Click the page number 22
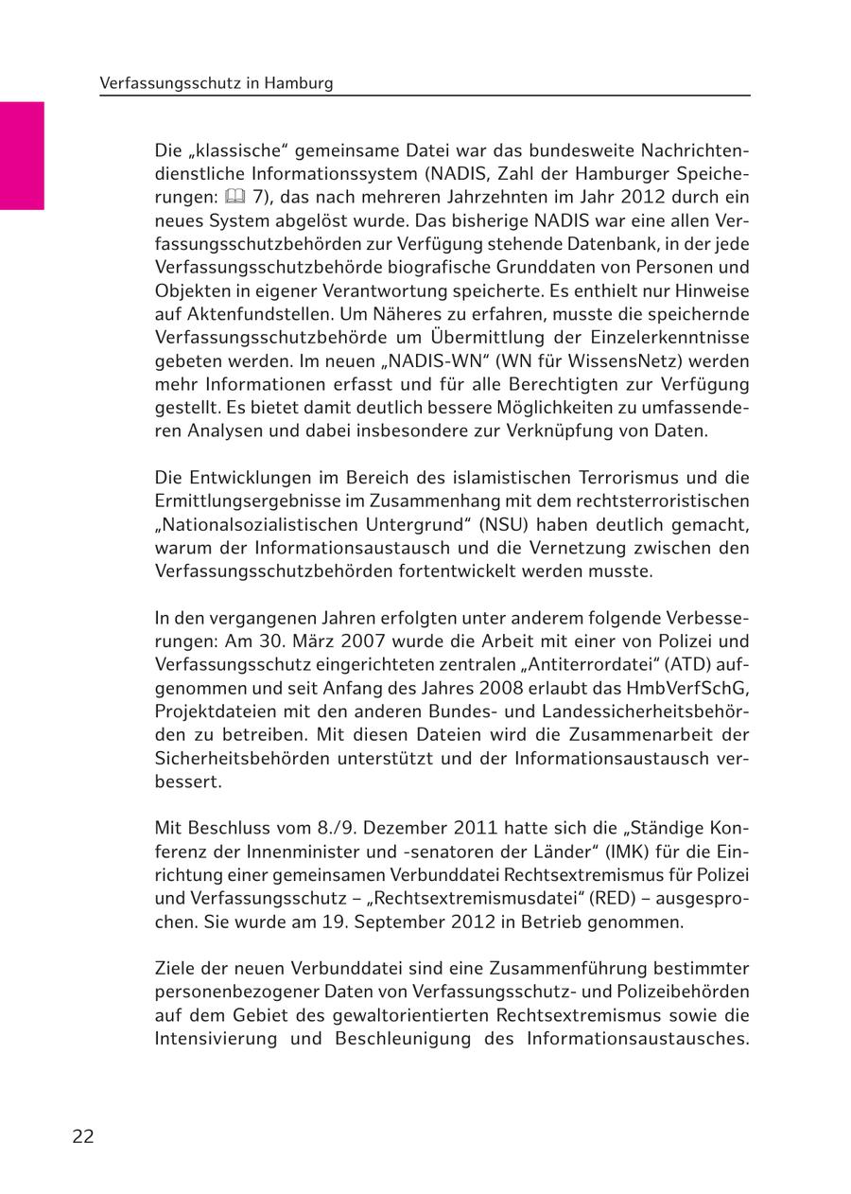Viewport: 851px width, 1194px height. click(83, 1136)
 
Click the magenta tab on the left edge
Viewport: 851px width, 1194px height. click(22, 155)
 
